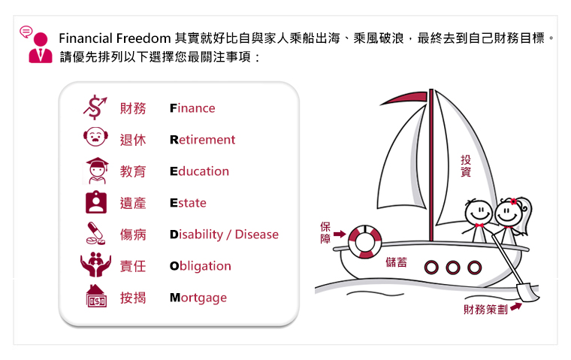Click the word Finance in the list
click(192, 108)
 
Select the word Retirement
click(202, 140)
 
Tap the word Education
click(199, 171)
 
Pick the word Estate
click(188, 203)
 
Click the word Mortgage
click(198, 298)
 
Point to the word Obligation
click(201, 266)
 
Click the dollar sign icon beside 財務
click(95, 107)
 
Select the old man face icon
click(95, 137)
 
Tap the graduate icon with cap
click(96, 171)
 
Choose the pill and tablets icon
click(95, 234)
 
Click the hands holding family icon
click(95, 264)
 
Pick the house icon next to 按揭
click(96, 296)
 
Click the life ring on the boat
click(364, 242)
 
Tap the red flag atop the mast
click(405, 98)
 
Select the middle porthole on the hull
click(452, 268)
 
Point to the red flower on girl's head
click(513, 201)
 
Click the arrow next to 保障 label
click(340, 234)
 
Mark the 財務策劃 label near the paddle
click(485, 310)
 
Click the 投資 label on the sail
click(466, 166)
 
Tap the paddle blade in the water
click(527, 292)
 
